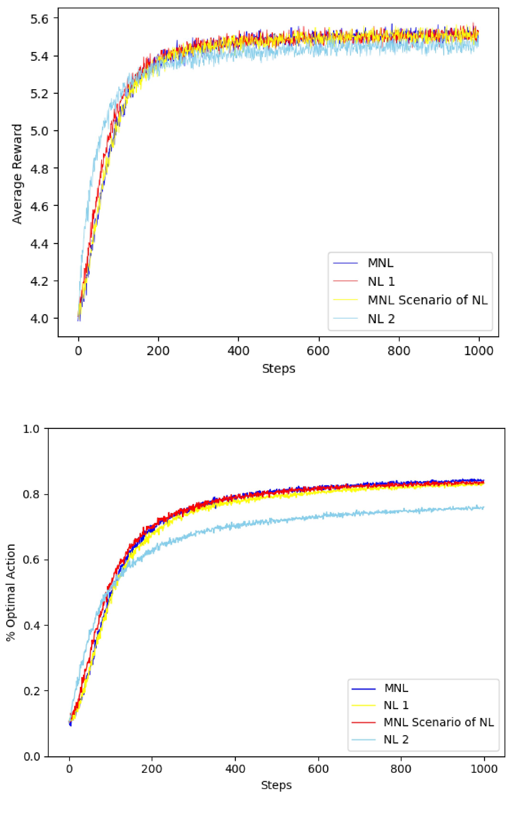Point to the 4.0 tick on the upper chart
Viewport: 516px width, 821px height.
40,318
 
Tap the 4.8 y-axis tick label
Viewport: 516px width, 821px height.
40,168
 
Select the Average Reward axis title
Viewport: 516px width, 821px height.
17,174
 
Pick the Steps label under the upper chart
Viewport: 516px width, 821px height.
279,369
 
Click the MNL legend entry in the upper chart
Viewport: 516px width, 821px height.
380,263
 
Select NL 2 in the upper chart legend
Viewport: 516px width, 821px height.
381,319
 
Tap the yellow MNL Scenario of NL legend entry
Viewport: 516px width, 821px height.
427,300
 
